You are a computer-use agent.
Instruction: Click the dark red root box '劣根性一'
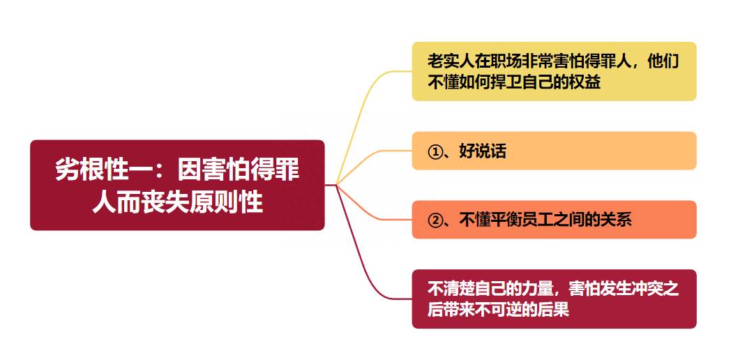(177, 185)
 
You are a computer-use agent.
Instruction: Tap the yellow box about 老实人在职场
(554, 71)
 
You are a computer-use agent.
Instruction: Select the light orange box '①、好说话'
(554, 151)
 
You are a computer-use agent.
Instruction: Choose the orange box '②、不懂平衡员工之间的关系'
(554, 220)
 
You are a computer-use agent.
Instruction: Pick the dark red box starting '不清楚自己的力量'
(554, 299)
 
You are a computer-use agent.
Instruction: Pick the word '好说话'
(483, 151)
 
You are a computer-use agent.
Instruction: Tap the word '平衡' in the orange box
(506, 220)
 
